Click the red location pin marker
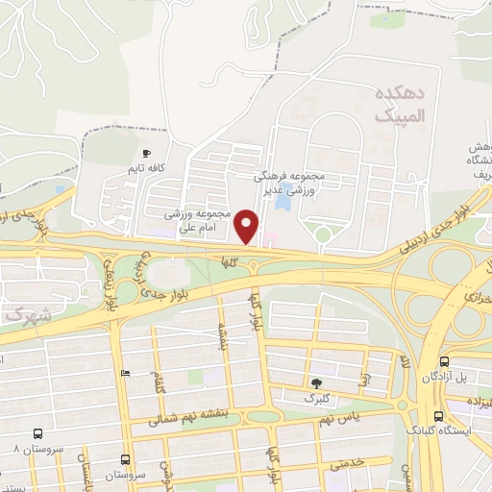point(248,227)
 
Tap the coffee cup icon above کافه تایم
point(146,154)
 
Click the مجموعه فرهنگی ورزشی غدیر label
point(292,184)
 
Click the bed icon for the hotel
point(125,372)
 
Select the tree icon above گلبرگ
point(316,382)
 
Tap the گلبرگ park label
point(316,397)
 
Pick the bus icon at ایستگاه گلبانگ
point(438,416)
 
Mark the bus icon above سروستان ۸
point(37,434)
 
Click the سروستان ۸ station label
point(29,449)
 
